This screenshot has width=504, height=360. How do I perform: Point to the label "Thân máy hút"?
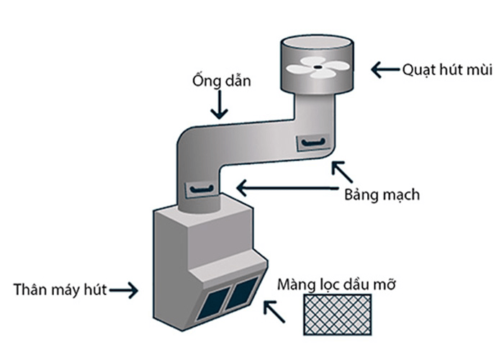60,290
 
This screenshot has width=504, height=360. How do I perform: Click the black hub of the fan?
317,68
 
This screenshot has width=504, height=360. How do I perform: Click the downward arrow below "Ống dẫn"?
219,106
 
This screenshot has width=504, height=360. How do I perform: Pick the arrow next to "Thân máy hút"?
124,290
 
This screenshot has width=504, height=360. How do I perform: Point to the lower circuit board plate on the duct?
201,189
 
